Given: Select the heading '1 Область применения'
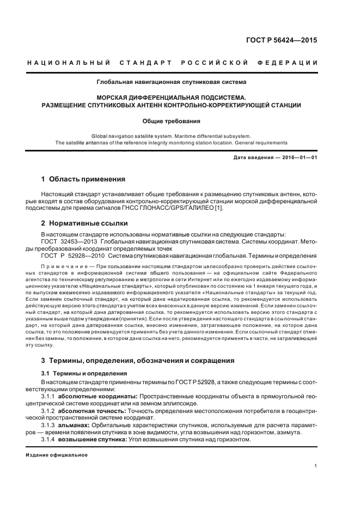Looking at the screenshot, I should click(83, 179).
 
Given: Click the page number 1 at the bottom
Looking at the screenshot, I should click(316, 466).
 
